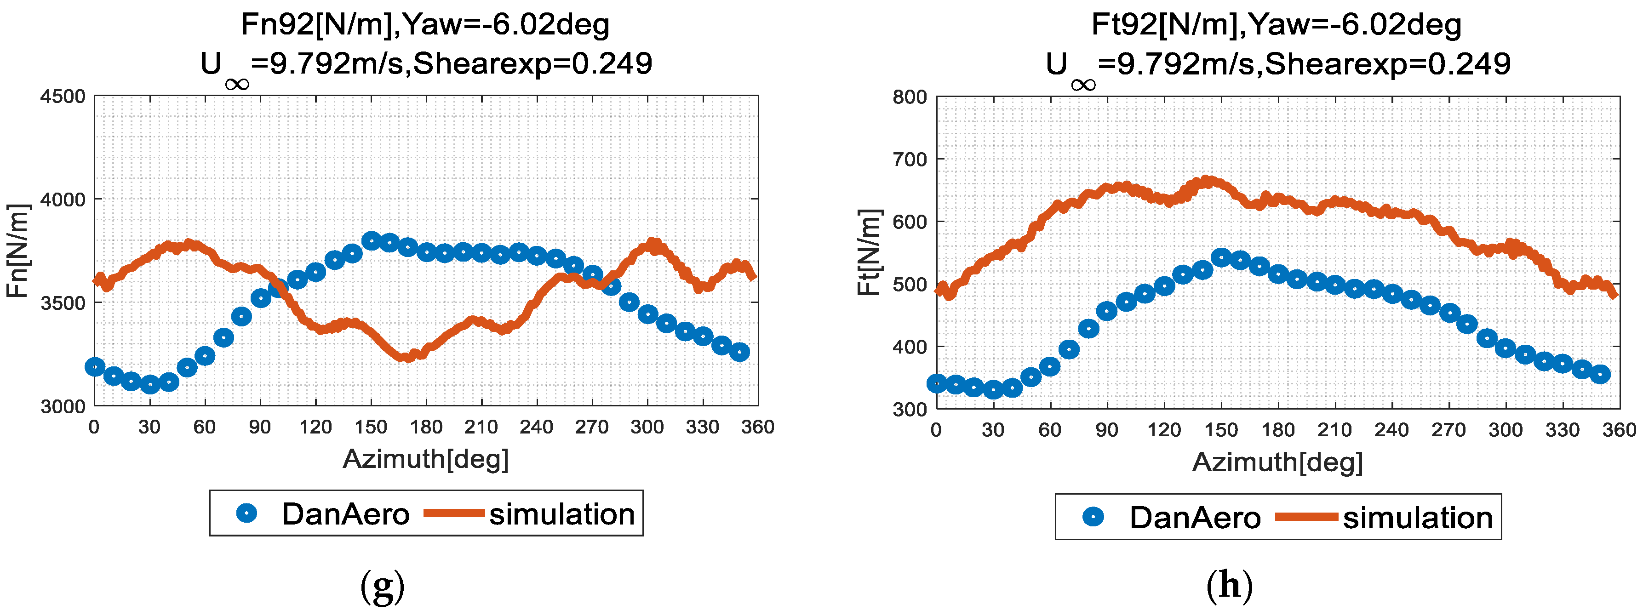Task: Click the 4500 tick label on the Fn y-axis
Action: tap(63, 97)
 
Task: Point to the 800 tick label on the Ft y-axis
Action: tap(910, 97)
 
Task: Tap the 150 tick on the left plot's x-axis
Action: tap(371, 427)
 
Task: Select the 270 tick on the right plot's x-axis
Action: tap(1448, 429)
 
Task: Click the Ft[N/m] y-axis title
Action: tap(868, 252)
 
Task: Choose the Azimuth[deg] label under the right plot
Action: tap(1277, 462)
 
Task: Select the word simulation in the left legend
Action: tap(562, 514)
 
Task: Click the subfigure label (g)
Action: tap(382, 586)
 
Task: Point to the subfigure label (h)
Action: tap(1229, 585)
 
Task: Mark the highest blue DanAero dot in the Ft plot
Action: tap(1221, 257)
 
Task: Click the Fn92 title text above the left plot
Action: tap(425, 25)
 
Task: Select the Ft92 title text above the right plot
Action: tap(1276, 25)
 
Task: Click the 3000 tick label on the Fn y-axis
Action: tap(63, 407)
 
